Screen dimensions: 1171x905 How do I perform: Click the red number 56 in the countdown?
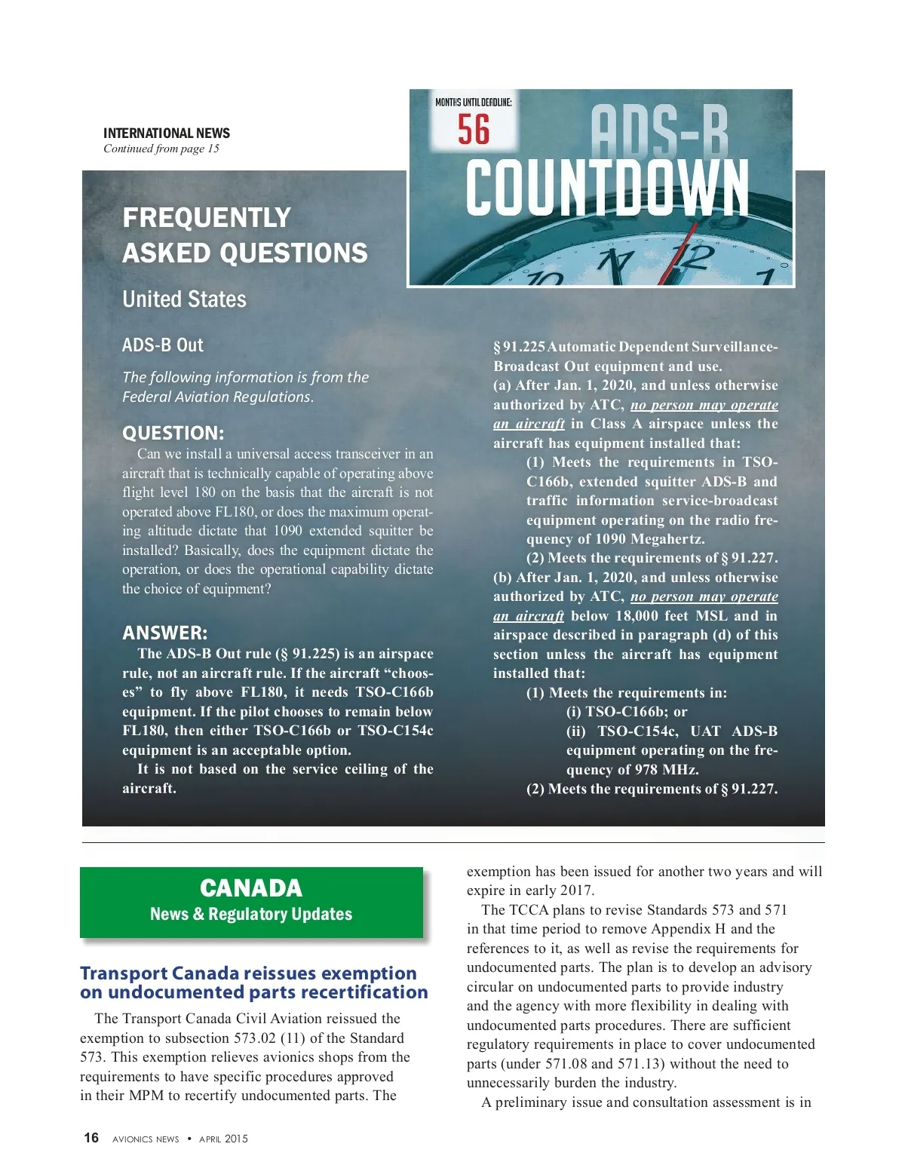474,130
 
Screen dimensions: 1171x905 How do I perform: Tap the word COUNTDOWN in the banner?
607,187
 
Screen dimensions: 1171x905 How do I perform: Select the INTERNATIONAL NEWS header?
167,133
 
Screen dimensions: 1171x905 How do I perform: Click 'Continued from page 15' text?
161,149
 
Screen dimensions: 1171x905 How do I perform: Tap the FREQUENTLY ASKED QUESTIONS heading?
245,235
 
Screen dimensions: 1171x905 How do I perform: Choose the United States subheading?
185,299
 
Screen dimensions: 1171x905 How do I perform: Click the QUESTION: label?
173,433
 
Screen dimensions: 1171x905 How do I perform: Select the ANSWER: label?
165,633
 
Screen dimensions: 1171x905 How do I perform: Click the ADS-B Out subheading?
163,345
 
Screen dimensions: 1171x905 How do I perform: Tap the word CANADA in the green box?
251,888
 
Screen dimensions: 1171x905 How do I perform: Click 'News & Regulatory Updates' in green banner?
251,914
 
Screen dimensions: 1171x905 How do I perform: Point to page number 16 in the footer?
91,1138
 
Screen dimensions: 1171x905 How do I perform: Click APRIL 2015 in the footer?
223,1139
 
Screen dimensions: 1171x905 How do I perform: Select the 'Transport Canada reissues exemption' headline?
249,973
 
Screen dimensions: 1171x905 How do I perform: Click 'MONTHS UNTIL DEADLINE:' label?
474,102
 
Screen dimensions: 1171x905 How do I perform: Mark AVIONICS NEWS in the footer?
146,1139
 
